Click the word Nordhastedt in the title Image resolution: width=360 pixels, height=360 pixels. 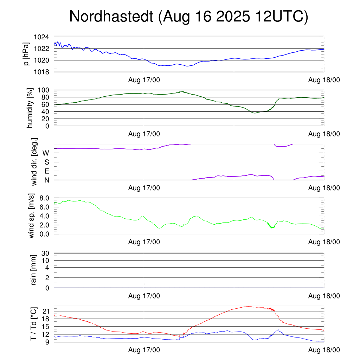coord(112,17)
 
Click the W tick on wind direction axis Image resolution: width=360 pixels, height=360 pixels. coord(46,153)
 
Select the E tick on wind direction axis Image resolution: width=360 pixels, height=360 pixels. coord(46,171)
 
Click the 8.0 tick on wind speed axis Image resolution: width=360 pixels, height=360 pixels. coord(46,198)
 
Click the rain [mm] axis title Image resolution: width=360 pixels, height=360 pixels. coord(34,270)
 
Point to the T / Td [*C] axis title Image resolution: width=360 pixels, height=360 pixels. coord(34,323)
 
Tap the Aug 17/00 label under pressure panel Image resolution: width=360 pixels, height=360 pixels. coord(144,80)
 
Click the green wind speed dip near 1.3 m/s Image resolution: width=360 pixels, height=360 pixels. coord(271,227)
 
